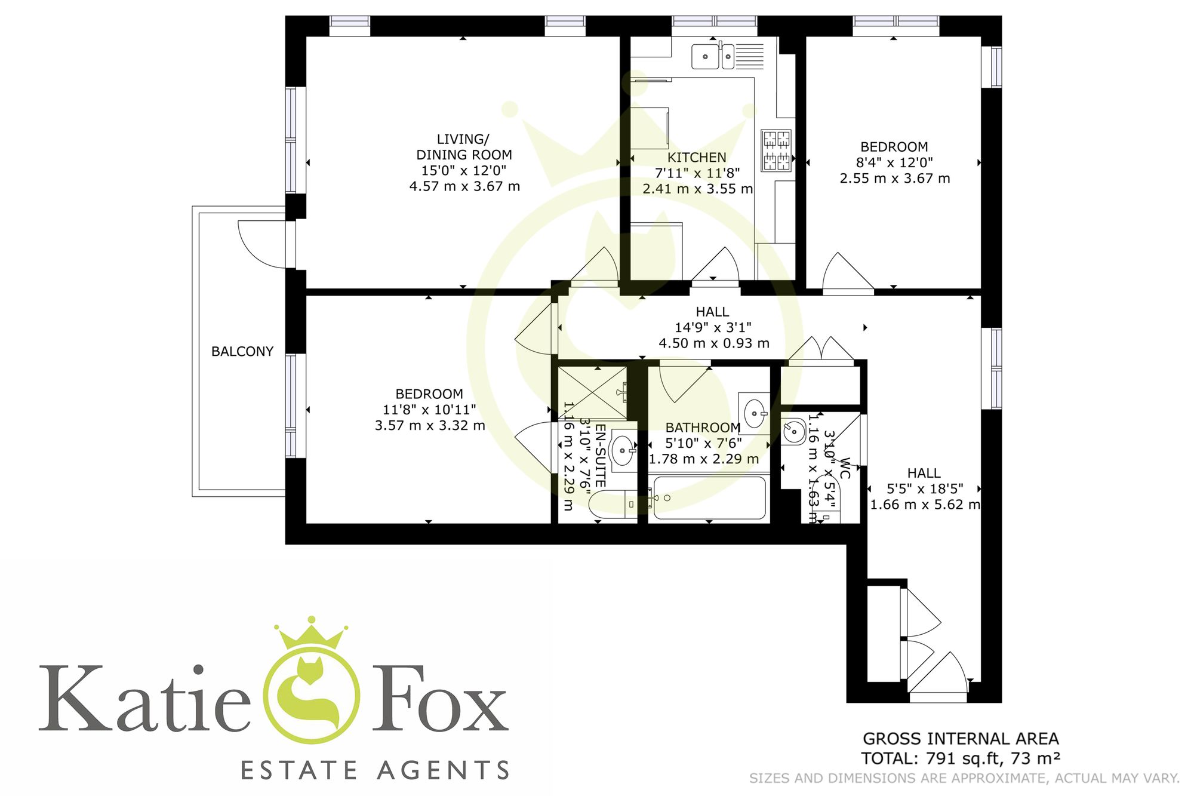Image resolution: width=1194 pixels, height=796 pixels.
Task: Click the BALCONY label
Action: coord(242,351)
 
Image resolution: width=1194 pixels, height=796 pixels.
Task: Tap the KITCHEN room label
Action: coord(697,158)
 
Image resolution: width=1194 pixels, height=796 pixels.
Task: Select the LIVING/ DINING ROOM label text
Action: coord(464,147)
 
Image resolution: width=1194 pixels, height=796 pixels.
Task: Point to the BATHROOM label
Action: coord(703,428)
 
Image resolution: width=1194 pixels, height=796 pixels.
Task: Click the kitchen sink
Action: coord(713,57)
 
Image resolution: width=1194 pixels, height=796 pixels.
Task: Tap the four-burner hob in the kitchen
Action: coord(776,150)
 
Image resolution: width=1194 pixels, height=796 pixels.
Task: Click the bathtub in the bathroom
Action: coord(708,497)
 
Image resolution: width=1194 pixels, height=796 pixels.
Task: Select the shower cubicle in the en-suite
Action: coord(592,392)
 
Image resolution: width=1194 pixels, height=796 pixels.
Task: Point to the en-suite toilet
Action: coord(612,504)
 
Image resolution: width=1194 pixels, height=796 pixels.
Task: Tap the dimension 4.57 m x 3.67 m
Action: coord(464,186)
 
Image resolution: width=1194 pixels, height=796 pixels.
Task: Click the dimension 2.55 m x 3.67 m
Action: coord(894,179)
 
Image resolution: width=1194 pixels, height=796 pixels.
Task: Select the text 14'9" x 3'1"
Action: coord(713,327)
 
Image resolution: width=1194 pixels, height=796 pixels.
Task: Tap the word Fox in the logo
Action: coord(441,699)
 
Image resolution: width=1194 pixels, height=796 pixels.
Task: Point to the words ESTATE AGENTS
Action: coord(375,770)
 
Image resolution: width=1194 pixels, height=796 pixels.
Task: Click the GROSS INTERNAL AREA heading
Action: coord(961,739)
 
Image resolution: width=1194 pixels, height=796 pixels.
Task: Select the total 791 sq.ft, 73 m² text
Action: coord(961,758)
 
